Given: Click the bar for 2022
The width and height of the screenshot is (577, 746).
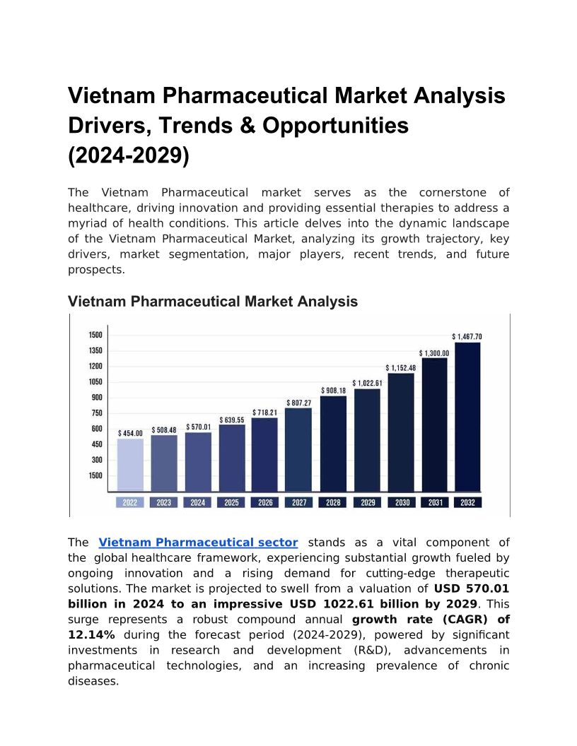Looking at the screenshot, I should (x=130, y=465).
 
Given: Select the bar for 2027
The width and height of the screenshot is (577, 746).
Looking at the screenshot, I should (x=298, y=449).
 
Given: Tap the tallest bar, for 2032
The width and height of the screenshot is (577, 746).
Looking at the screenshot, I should (x=467, y=417).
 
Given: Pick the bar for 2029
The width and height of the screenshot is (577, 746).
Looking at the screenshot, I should (x=366, y=439).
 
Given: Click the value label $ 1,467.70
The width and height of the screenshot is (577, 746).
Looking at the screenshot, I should (x=467, y=337).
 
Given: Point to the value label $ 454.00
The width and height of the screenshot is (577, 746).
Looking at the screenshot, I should (x=130, y=433).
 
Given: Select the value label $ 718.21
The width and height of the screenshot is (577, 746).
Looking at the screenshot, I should (x=264, y=412).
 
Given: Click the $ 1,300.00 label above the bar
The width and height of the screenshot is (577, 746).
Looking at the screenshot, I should (x=433, y=353).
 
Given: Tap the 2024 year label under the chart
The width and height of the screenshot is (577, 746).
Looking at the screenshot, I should (x=197, y=502).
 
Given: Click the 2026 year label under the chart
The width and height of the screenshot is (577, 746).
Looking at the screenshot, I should (x=265, y=502).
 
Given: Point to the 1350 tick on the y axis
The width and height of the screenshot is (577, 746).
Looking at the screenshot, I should (x=95, y=350).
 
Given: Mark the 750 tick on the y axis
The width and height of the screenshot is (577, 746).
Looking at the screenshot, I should (x=97, y=413).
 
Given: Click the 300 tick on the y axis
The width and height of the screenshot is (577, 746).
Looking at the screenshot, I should (x=97, y=460).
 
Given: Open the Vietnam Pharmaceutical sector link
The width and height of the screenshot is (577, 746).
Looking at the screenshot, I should (x=198, y=543).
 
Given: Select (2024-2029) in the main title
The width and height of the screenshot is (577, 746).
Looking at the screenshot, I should (x=129, y=155).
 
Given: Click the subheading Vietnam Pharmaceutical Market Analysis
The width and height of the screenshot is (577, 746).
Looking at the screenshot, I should (x=213, y=302).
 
